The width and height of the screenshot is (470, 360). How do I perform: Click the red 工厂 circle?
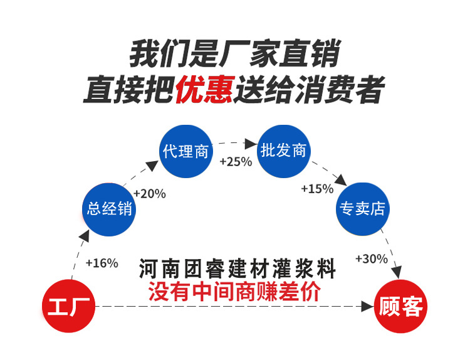pos(70,307)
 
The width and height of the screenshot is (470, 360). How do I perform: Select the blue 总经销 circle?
pos(110,209)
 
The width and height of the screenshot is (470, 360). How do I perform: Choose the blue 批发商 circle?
pos(284,151)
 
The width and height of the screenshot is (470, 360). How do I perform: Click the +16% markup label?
pos(101,263)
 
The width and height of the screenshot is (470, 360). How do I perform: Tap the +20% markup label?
pos(149,194)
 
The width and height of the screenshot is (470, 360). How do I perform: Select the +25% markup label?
pos(235,161)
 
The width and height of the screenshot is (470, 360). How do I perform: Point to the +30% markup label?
pos(371,258)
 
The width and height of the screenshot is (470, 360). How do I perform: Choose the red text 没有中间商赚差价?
pos(234,292)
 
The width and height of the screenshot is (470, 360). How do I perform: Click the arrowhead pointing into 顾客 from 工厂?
pos(367,307)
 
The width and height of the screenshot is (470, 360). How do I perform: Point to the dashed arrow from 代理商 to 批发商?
pos(235,143)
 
